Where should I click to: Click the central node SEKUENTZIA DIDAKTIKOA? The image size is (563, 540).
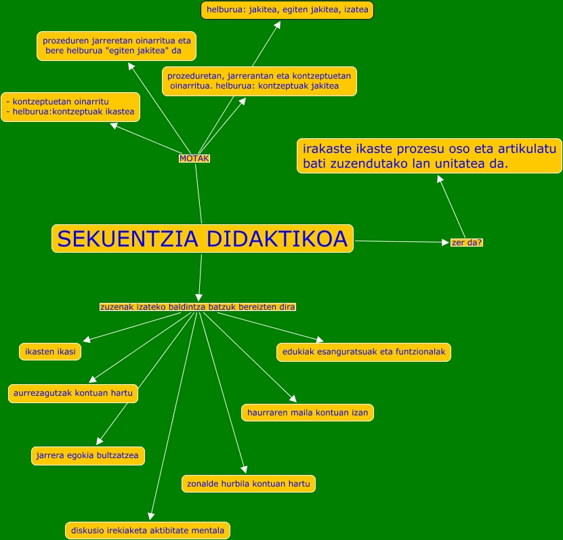(202, 238)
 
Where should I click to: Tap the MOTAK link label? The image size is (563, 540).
(194, 159)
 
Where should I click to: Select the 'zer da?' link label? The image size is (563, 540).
(467, 243)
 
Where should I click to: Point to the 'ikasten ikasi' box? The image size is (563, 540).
(50, 352)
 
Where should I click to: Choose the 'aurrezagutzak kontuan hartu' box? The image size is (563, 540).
(73, 393)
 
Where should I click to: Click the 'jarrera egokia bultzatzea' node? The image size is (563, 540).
(88, 455)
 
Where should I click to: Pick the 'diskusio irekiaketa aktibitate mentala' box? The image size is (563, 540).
(148, 531)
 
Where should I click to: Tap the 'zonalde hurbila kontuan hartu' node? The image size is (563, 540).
(249, 484)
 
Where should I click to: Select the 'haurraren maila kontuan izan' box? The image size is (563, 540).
(308, 413)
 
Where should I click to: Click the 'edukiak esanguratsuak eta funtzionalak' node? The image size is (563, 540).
(364, 352)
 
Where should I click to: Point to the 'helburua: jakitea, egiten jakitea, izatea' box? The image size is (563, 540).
(287, 10)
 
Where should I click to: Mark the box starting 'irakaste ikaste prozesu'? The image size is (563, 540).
(430, 156)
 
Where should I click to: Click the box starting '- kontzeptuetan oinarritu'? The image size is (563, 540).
(70, 107)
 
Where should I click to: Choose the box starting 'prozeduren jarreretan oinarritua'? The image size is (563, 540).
(117, 46)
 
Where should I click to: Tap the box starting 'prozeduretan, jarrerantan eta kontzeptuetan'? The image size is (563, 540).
(259, 81)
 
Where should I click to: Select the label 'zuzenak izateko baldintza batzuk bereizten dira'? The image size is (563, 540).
(197, 307)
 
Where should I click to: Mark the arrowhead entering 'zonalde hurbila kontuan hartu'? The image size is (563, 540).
(245, 470)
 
